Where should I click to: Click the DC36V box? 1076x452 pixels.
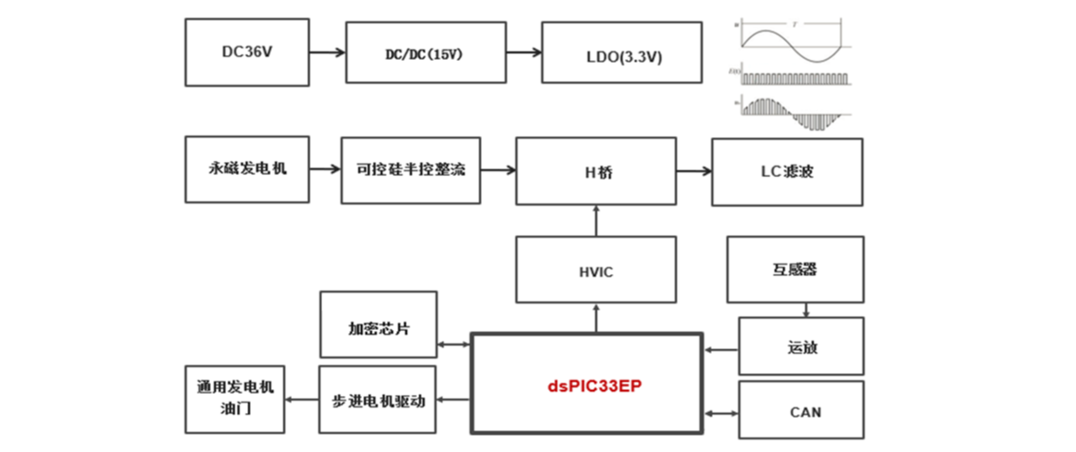point(247,52)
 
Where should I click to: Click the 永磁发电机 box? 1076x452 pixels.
point(247,170)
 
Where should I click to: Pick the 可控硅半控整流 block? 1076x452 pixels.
point(410,170)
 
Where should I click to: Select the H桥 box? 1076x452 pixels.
point(597,171)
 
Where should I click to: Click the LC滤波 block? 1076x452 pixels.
point(787,171)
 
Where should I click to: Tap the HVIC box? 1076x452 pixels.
point(596,271)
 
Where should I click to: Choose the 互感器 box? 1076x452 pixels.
point(795,269)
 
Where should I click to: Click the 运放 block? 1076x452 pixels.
point(801,346)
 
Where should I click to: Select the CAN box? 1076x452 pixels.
point(801,411)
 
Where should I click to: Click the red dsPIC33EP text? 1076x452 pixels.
point(587,384)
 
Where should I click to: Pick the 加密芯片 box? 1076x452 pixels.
point(378,325)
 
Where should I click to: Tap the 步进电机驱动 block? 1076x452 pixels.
point(378,400)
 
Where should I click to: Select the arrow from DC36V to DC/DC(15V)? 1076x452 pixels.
point(327,53)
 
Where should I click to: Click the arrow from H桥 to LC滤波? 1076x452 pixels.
point(694,171)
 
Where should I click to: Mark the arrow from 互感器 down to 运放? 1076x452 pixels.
point(807,309)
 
